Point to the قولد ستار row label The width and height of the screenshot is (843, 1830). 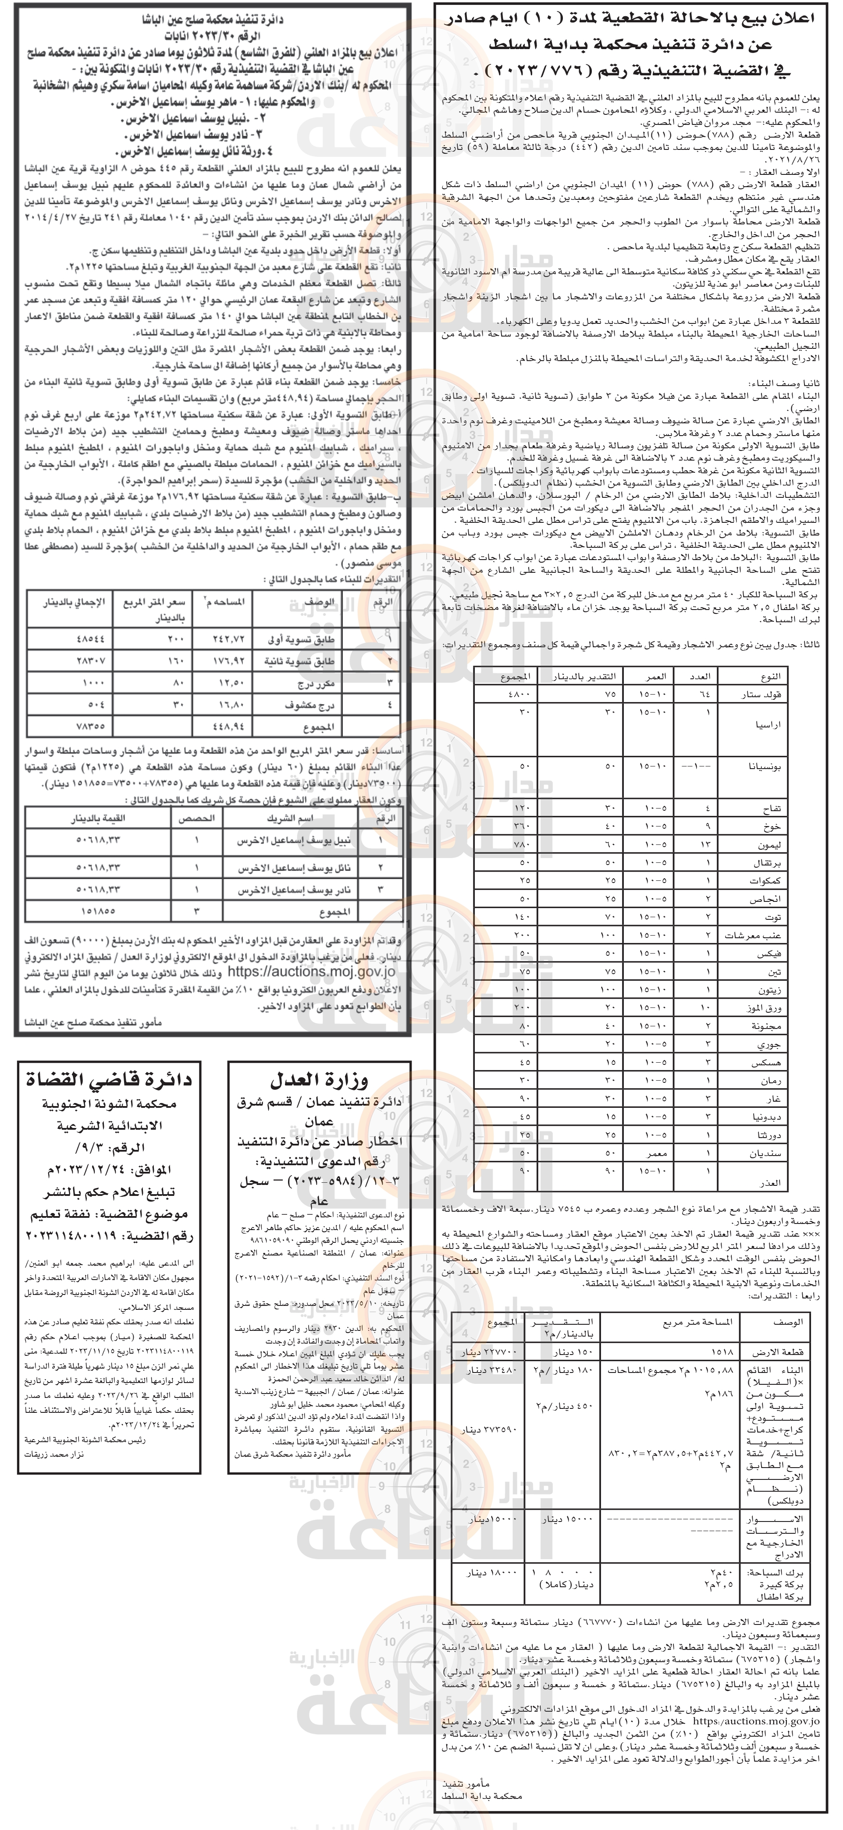[x=762, y=695]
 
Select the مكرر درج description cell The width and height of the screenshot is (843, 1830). [x=313, y=684]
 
